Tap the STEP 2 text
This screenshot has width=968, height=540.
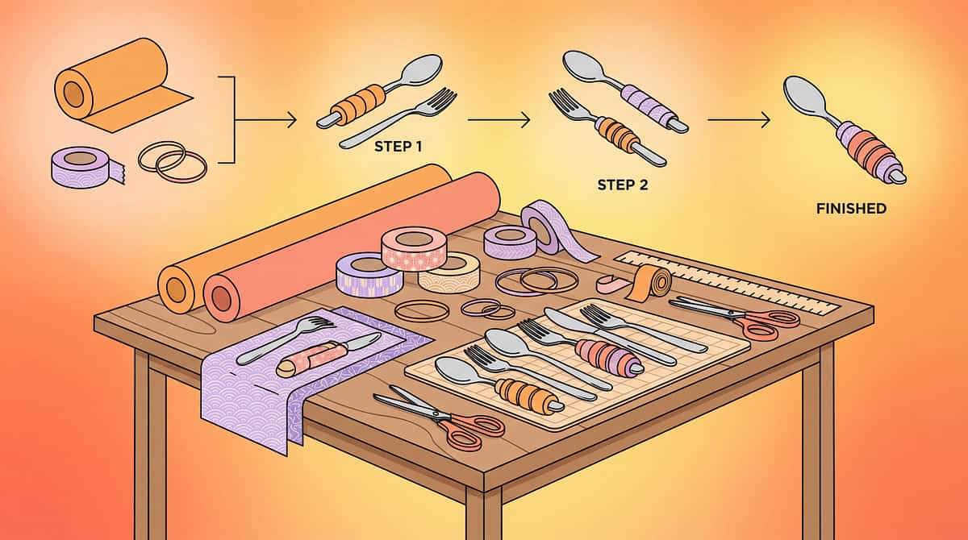pyautogui.click(x=622, y=185)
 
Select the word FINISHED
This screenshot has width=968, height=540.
pyautogui.click(x=851, y=209)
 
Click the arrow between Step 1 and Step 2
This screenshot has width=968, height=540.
pyautogui.click(x=499, y=121)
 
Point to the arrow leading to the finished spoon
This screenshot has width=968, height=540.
pyautogui.click(x=738, y=121)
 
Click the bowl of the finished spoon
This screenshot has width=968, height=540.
pyautogui.click(x=804, y=95)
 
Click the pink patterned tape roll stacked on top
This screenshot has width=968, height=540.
pyautogui.click(x=414, y=247)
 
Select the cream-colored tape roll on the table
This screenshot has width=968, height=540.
pyautogui.click(x=449, y=272)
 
